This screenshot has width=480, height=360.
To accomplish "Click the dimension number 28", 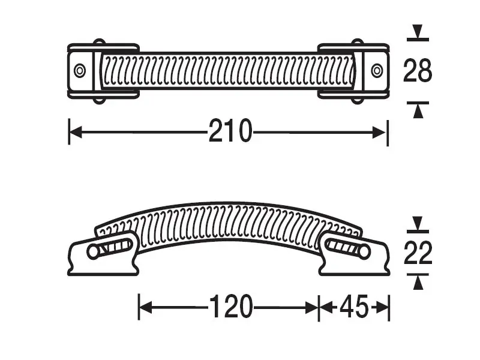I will pyautogui.click(x=418, y=71).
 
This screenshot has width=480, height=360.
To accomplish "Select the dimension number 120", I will pyautogui.click(x=230, y=308).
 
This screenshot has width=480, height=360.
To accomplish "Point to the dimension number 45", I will pyautogui.click(x=353, y=308).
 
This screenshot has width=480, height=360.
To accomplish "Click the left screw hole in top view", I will pyautogui.click(x=80, y=70).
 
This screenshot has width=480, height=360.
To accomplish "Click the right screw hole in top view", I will pyautogui.click(x=377, y=70).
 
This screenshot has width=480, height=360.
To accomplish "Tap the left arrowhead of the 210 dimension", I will pyautogui.click(x=75, y=131).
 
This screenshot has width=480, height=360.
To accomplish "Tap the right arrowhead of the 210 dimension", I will pyautogui.click(x=382, y=131).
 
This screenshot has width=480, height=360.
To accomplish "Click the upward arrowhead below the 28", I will pyautogui.click(x=418, y=109).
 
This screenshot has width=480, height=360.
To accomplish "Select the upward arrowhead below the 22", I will pyautogui.click(x=418, y=281).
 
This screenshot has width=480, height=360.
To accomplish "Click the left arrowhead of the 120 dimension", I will pyautogui.click(x=145, y=308).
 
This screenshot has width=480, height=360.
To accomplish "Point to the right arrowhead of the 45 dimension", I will pyautogui.click(x=384, y=308).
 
